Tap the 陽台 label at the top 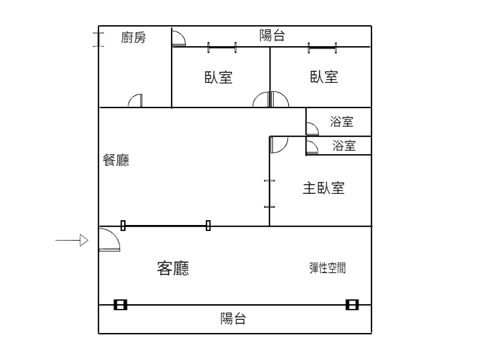pyautogui.click(x=272, y=35)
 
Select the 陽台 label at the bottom pyautogui.click(x=233, y=319)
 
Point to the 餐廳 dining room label pyautogui.click(x=116, y=160)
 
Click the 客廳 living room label pyautogui.click(x=173, y=268)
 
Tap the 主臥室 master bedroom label pyautogui.click(x=323, y=188)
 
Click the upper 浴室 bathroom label pyautogui.click(x=341, y=122)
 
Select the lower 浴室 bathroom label pyautogui.click(x=344, y=145)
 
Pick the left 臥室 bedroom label pyautogui.click(x=218, y=77)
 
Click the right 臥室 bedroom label pyautogui.click(x=324, y=77)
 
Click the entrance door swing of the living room pyautogui.click(x=109, y=240)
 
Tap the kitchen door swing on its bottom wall pyautogui.click(x=136, y=101)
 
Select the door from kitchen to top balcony pyautogui.click(x=178, y=39)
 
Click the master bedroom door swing pyautogui.click(x=278, y=144)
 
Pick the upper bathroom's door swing pyautogui.click(x=312, y=129)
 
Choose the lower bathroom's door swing pyautogui.click(x=312, y=148)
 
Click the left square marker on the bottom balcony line pyautogui.click(x=120, y=305)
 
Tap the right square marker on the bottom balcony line pyautogui.click(x=352, y=305)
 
